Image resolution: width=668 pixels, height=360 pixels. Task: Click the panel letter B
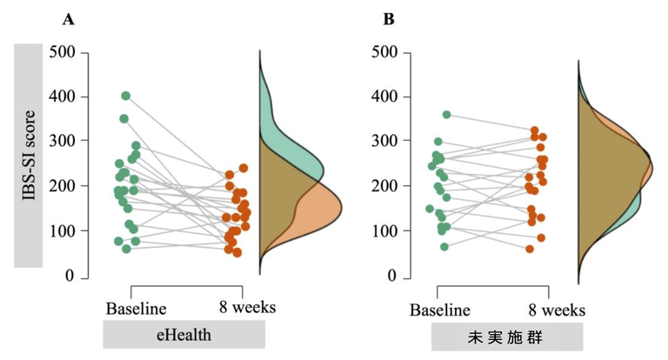(x=389, y=18)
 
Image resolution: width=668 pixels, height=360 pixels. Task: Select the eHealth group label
(x=184, y=336)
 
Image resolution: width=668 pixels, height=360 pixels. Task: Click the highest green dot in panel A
(x=126, y=96)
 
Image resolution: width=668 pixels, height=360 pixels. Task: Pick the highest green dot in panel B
(x=447, y=115)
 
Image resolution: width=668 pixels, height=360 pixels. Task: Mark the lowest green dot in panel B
(x=444, y=247)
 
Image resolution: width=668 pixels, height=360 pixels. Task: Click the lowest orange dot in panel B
(x=530, y=249)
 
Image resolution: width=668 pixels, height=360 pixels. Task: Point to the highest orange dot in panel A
(x=244, y=168)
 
